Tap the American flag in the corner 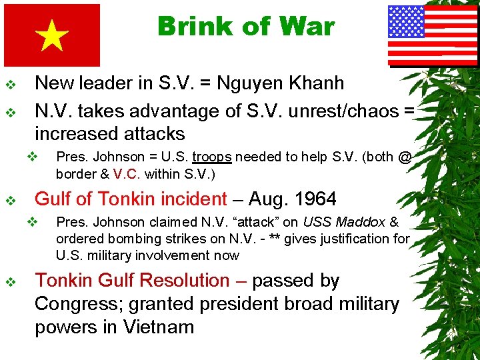[423, 35]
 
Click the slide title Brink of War [246, 27]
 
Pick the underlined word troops [212, 157]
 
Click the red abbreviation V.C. [127, 173]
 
